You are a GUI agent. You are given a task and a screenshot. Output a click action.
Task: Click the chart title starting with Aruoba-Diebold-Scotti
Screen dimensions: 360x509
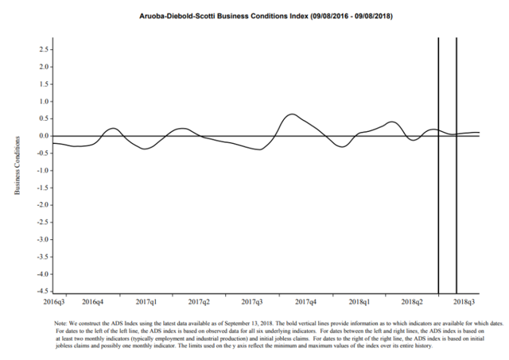[254, 16]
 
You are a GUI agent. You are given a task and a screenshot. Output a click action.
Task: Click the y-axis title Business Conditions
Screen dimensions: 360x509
[17, 165]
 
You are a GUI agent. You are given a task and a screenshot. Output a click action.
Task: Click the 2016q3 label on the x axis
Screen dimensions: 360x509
[53, 303]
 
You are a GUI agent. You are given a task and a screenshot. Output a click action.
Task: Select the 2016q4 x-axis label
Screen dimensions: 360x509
[93, 303]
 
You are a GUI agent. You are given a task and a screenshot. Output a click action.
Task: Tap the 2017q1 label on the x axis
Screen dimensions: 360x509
[146, 303]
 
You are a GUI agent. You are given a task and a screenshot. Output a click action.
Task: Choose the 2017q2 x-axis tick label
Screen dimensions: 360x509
[199, 303]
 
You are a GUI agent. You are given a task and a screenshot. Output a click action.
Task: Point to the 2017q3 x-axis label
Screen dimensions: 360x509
[252, 303]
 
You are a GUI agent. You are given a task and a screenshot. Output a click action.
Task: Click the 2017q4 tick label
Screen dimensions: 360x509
[306, 303]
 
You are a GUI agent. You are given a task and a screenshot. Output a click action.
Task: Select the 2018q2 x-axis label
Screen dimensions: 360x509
[412, 303]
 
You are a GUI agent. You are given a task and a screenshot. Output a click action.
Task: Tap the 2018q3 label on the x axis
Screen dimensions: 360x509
[465, 303]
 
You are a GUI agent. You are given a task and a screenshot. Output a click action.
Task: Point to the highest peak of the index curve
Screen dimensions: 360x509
[293, 114]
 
